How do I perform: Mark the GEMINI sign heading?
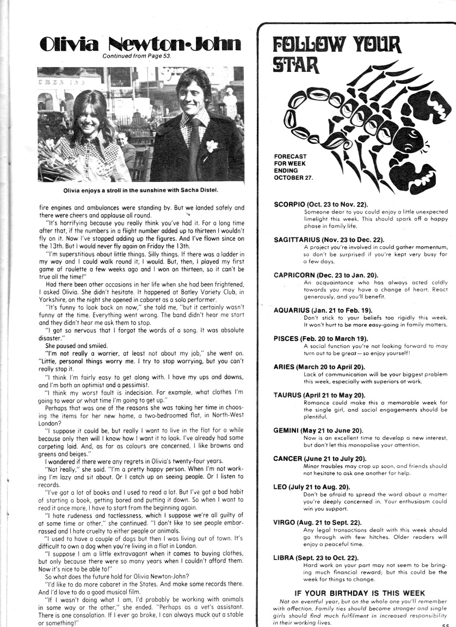[318, 430]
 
